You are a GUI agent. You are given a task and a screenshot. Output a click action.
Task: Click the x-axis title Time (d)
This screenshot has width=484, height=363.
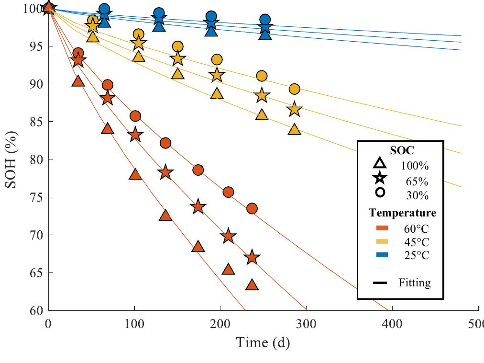(263, 342)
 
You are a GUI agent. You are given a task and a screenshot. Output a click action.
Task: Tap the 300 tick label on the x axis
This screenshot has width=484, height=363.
(306, 324)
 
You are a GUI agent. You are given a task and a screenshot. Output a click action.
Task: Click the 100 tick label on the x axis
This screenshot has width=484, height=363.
(134, 324)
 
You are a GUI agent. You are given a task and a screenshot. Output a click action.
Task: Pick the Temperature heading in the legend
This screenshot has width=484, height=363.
(402, 213)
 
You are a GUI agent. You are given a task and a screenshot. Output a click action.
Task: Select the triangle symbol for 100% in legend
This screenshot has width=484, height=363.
(380, 163)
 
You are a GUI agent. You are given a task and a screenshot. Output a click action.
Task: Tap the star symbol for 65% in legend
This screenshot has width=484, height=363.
(380, 178)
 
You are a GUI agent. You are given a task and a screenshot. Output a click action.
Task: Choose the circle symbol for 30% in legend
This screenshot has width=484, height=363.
(380, 193)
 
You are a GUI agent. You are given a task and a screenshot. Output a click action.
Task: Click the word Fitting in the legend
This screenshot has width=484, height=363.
(414, 283)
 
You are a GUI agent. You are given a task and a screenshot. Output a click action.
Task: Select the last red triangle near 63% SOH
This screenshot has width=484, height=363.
(252, 285)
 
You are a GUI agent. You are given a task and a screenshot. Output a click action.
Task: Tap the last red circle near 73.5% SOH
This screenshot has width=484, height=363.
(252, 208)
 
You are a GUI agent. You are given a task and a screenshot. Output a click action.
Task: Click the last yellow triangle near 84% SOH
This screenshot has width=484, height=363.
(295, 130)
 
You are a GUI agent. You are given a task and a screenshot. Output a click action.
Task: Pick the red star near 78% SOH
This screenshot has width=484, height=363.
(165, 172)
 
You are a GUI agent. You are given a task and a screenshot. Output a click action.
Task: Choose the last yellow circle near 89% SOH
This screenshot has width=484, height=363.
(295, 89)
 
